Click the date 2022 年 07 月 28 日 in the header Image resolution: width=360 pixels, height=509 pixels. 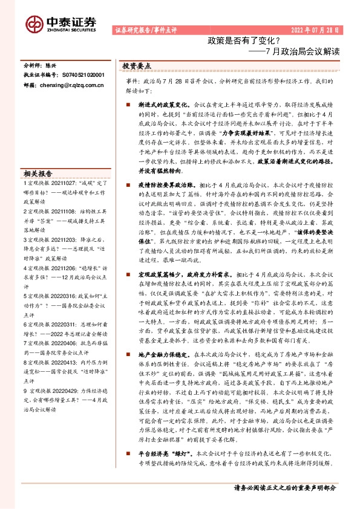click(314, 29)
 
